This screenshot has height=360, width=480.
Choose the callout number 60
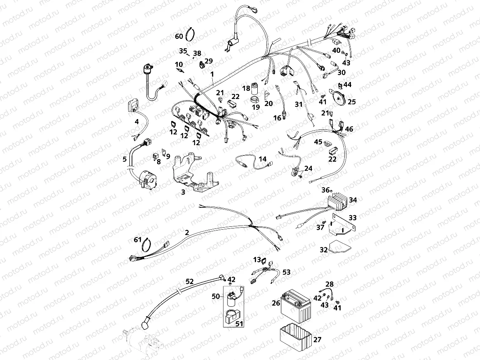click(179, 36)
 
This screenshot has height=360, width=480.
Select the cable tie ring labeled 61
click(147, 246)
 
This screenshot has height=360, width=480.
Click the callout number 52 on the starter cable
click(189, 281)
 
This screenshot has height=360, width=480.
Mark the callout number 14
click(263, 159)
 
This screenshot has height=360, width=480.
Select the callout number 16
click(277, 118)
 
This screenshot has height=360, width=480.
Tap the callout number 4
click(136, 122)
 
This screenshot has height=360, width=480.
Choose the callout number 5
click(125, 159)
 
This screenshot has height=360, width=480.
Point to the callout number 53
click(286, 272)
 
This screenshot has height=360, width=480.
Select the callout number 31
click(299, 104)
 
